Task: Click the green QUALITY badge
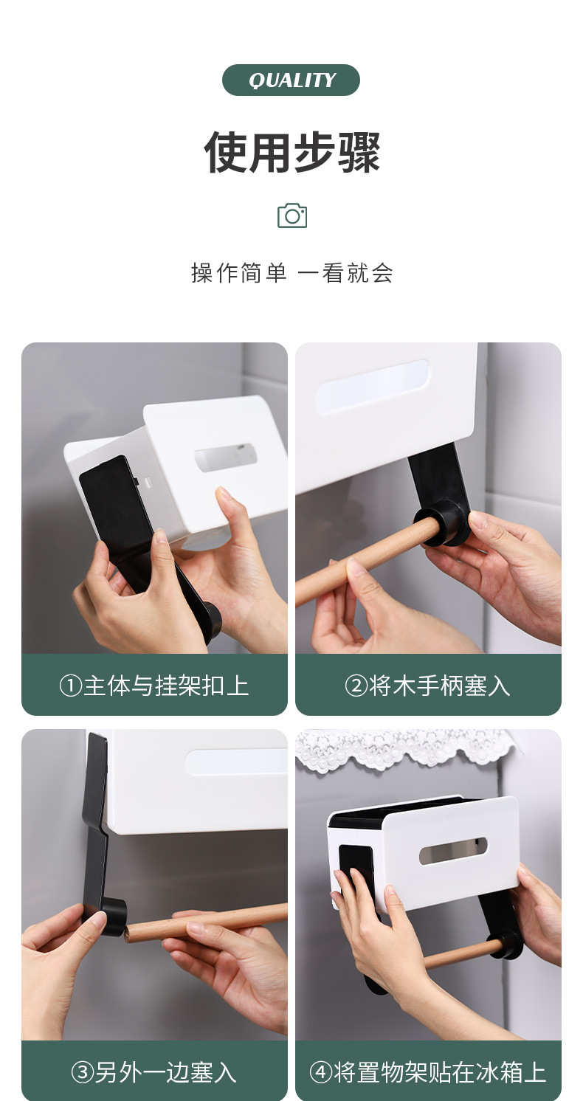coord(291,80)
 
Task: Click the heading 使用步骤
coord(292,152)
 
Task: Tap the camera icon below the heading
coord(292,215)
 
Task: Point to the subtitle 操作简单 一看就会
coord(292,273)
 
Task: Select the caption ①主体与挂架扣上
coord(154,686)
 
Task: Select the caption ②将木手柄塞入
coord(428,686)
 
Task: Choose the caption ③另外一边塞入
coord(154,1072)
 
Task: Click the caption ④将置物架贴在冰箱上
coord(428,1072)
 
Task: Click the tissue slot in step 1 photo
coord(226,458)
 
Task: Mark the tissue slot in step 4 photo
coord(453,851)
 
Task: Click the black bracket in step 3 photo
coord(96,826)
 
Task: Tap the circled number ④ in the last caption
coord(321,1072)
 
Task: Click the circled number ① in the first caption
coord(70,686)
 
